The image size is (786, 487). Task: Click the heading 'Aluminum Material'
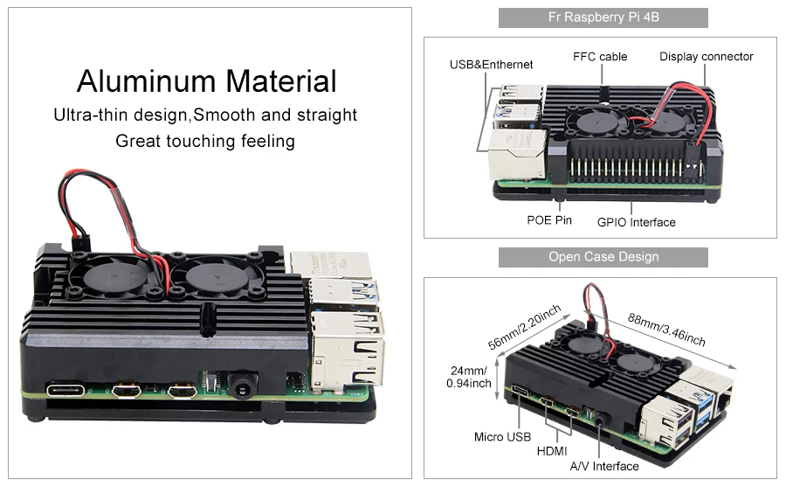point(206,81)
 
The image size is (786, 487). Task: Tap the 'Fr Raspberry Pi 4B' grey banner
point(603,17)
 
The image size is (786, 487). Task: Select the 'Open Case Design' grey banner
point(603,257)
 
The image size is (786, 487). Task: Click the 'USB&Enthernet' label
point(491,65)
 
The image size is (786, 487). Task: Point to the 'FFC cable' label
point(600,57)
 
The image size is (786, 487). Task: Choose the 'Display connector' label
point(706,57)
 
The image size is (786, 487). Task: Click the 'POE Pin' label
point(548,219)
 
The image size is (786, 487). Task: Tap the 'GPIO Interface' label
point(636,222)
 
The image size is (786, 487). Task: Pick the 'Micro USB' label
point(502,436)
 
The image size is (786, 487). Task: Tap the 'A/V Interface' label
point(603,466)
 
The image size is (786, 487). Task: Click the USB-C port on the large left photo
point(66,390)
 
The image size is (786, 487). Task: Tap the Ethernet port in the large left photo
point(348,354)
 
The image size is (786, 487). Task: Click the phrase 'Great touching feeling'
point(205,141)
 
